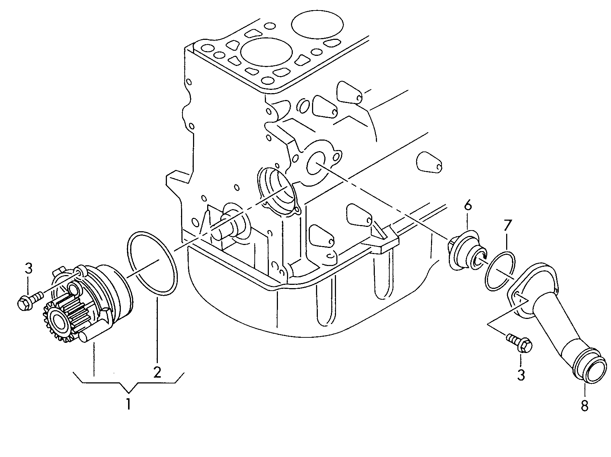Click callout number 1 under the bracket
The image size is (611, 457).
point(128,404)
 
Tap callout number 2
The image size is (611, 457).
point(157,372)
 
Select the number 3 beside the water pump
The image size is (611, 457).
point(29,269)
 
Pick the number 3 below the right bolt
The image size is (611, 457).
point(521,375)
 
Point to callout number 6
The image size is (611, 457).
point(467,205)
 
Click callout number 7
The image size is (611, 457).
point(507,226)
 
